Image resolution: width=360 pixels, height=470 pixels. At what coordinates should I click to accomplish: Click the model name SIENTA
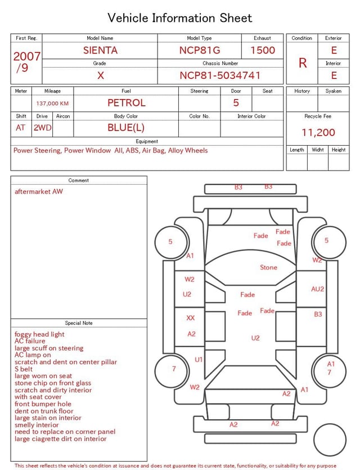[100, 50]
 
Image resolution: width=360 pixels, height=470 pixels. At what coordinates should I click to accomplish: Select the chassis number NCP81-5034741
[220, 75]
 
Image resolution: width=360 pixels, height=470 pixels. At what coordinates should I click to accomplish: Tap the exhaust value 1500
[263, 50]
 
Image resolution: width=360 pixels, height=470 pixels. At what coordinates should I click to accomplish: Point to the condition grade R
[303, 63]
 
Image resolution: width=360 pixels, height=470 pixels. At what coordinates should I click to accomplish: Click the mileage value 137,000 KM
[52, 104]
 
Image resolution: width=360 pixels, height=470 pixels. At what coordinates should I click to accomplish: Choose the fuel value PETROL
[127, 103]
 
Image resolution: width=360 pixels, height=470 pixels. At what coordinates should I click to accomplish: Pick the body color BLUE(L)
[126, 128]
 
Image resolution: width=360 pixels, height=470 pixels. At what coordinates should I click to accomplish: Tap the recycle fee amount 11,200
[318, 132]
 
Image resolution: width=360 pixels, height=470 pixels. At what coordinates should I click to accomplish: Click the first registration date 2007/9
[26, 62]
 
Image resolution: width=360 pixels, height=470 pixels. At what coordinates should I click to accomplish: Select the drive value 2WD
[42, 128]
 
